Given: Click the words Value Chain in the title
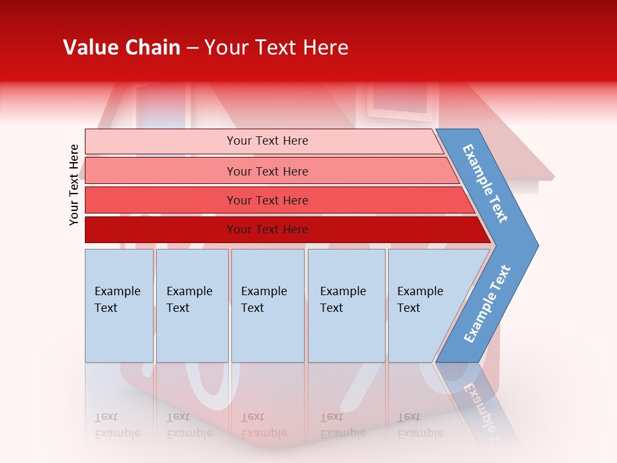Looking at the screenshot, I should [x=121, y=48].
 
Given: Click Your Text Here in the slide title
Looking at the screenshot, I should [x=276, y=48].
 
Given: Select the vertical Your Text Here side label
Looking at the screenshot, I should [x=74, y=185].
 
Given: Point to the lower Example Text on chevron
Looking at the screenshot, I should [x=487, y=304].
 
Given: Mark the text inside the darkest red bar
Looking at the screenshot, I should [x=267, y=230].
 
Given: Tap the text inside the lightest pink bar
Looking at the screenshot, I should [x=267, y=141].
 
